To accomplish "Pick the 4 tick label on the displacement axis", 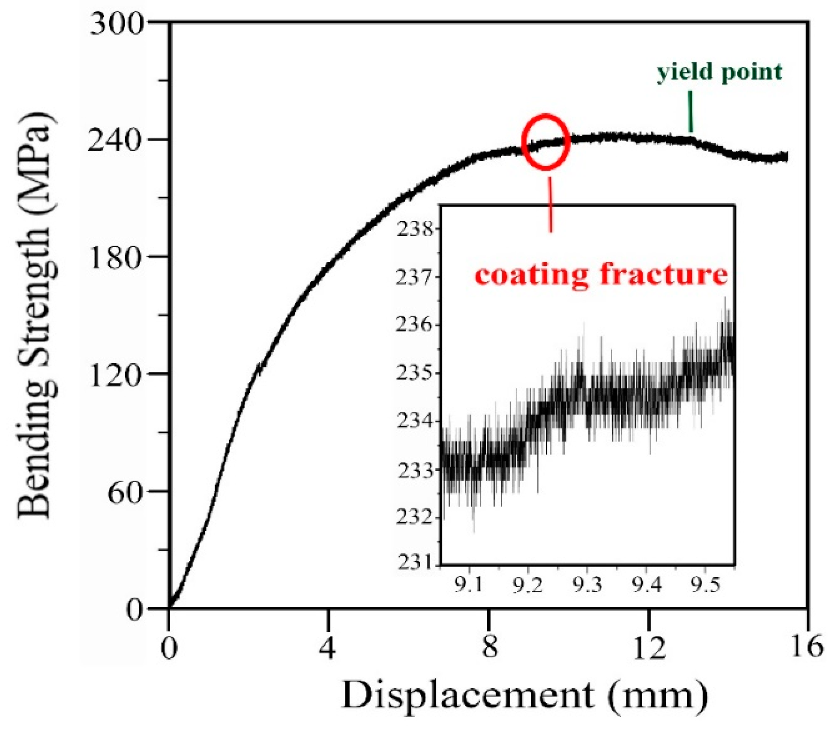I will pos(328,647).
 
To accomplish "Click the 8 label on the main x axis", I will pos(489,647).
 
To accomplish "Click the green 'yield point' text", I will pos(719,72).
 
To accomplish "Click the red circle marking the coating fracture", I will pos(545,141).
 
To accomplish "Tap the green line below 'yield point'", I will pos(690,111).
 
